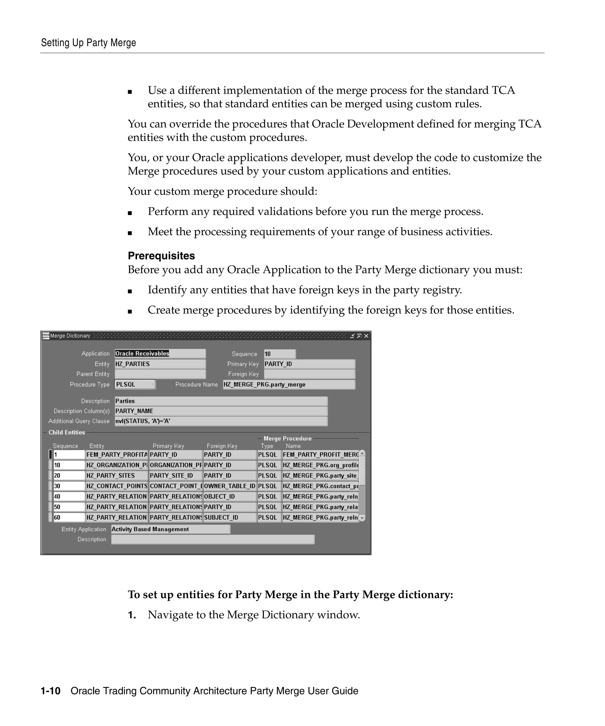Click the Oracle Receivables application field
160,353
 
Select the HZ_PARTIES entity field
160,364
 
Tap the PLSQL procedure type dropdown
135,385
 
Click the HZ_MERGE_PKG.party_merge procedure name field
289,385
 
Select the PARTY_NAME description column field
221,411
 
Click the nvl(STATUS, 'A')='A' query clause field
221,421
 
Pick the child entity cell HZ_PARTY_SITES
116,475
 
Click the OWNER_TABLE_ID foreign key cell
230,486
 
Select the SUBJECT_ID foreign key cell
230,517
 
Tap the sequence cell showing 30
69,486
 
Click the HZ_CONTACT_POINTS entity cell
116,486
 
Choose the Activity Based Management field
170,529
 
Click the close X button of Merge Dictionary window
366,336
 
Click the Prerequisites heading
161,255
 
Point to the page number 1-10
51,691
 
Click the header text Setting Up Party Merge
89,43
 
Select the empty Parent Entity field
160,374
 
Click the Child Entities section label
67,432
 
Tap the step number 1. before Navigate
132,615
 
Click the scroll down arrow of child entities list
362,518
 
